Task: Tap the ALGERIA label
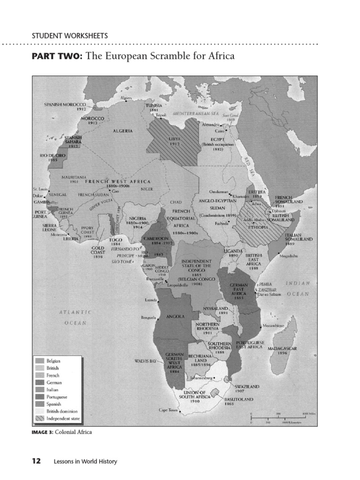pyautogui.click(x=122, y=131)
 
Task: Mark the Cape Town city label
pyautogui.click(x=168, y=410)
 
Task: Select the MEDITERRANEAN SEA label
pyautogui.click(x=195, y=114)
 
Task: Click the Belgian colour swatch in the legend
pyautogui.click(x=40, y=361)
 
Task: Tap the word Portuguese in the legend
pyautogui.click(x=57, y=397)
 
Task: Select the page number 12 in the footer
pyautogui.click(x=36, y=461)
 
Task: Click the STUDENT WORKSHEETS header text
pyautogui.click(x=69, y=36)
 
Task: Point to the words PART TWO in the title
pyautogui.click(x=57, y=56)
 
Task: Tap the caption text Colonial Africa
pyautogui.click(x=74, y=432)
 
